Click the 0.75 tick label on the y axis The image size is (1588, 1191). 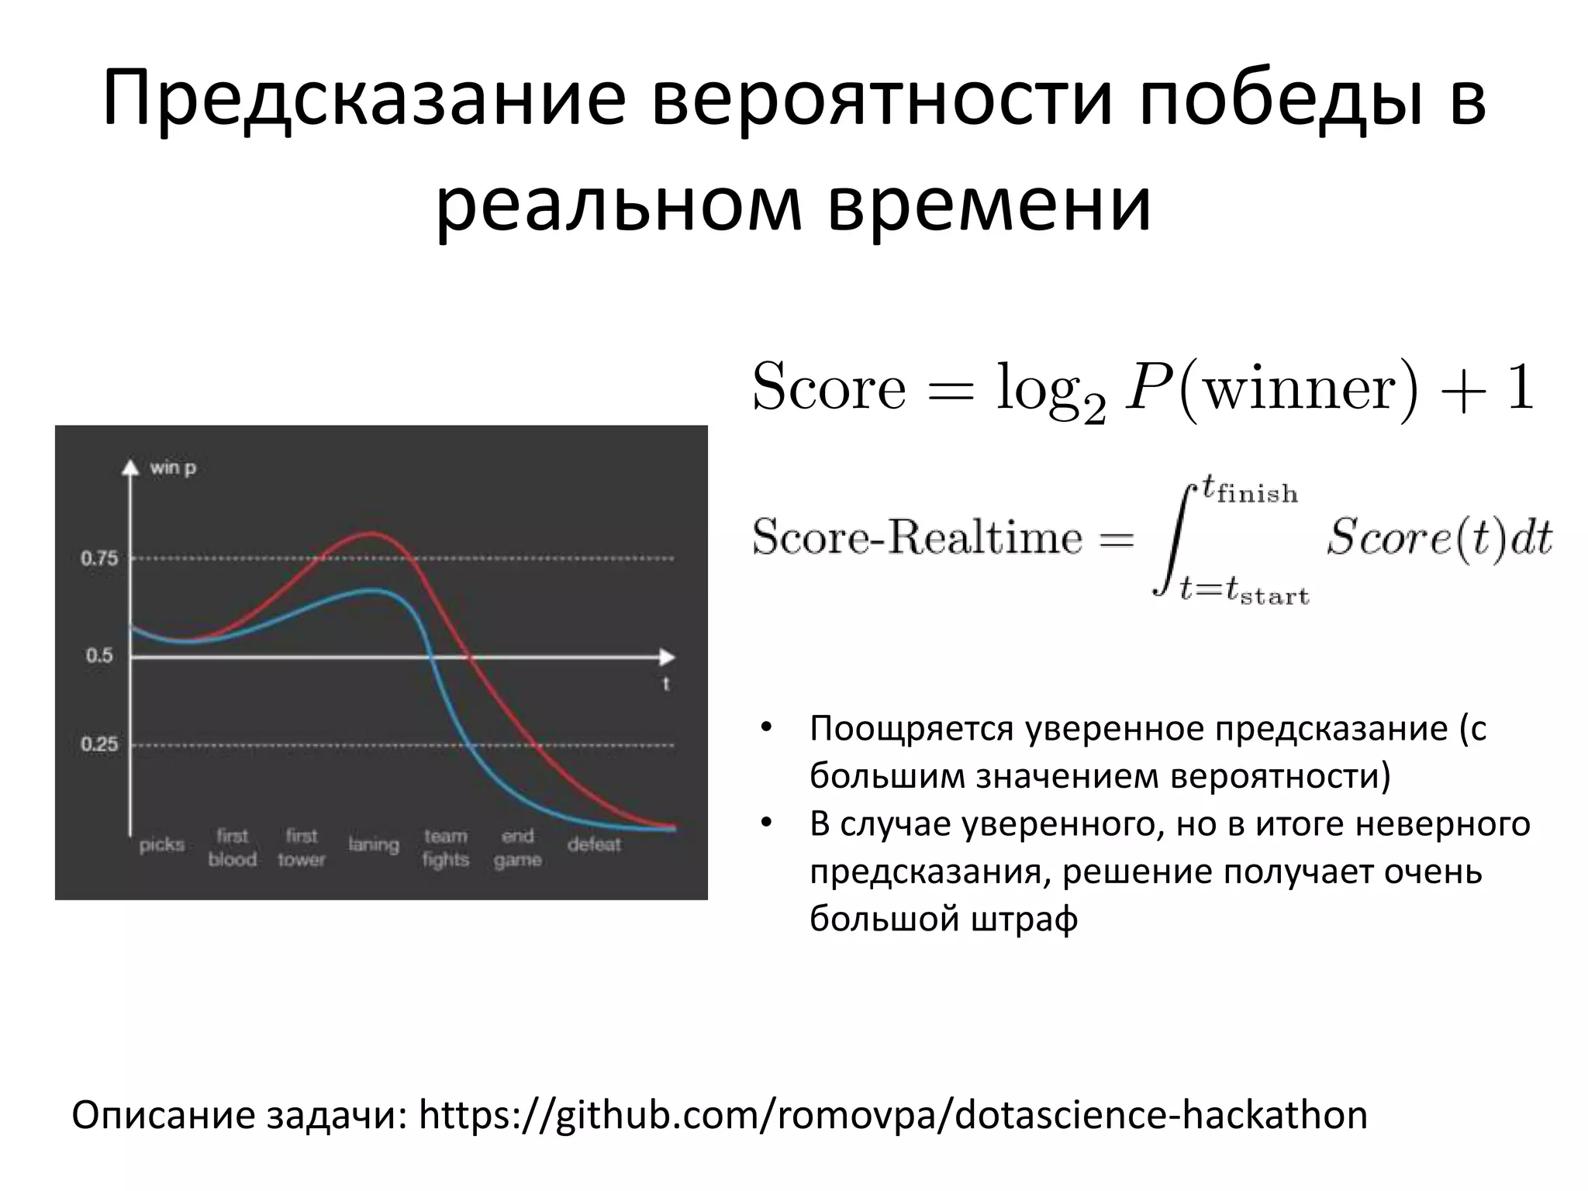99,558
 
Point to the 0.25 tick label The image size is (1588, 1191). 99,744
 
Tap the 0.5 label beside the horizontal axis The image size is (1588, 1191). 99,656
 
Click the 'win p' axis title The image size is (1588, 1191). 173,468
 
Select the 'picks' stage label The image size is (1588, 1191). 161,844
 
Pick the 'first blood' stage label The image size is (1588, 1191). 232,848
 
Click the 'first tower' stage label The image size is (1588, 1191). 302,848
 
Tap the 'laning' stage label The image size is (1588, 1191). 373,844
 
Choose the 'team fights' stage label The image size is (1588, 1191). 446,848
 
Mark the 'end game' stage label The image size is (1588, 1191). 517,848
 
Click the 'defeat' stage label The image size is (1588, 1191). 594,844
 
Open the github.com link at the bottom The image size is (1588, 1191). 892,1116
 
